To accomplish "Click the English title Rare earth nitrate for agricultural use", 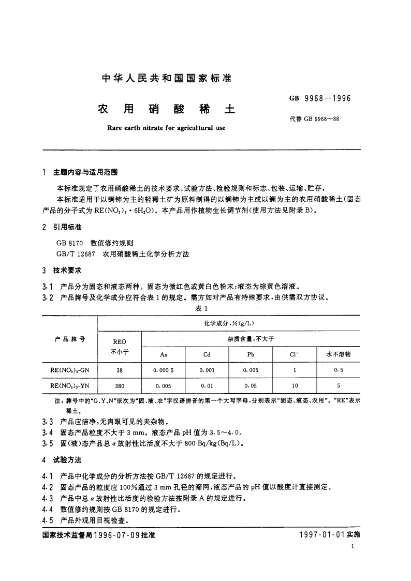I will click(166, 128).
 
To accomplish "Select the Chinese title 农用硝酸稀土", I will click(166, 110).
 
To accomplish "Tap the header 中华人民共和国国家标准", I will click(166, 79).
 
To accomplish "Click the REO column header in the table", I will click(119, 341).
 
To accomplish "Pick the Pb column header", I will click(251, 354).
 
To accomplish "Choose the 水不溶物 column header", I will click(339, 354).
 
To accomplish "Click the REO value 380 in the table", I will click(119, 386).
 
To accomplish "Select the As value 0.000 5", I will click(163, 370).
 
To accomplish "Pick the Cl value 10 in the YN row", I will click(295, 386).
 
